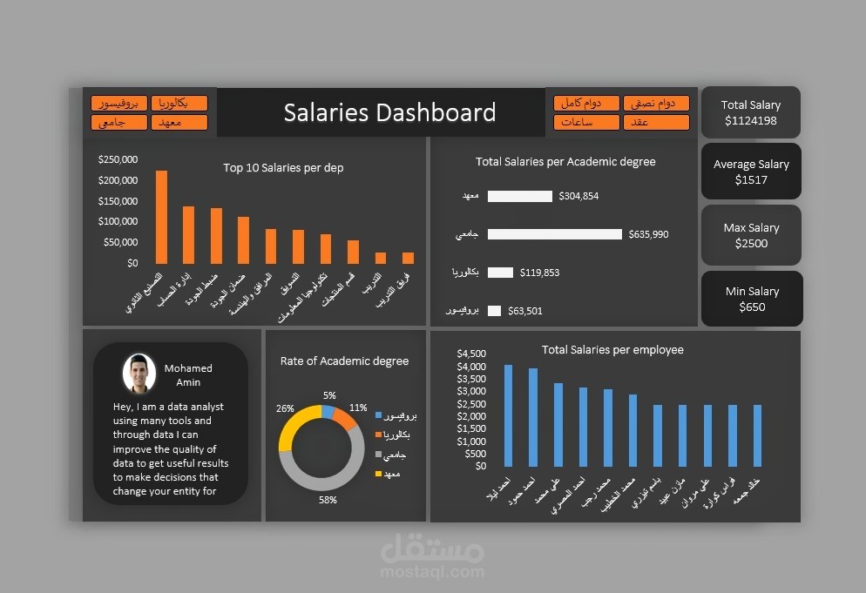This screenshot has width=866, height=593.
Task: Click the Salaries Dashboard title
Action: pyautogui.click(x=389, y=112)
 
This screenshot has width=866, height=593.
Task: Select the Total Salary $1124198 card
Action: pyautogui.click(x=750, y=112)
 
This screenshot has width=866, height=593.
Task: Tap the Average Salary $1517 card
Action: pyautogui.click(x=750, y=172)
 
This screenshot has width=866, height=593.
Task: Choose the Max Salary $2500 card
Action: pyautogui.click(x=750, y=235)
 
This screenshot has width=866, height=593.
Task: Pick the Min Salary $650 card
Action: pyautogui.click(x=750, y=299)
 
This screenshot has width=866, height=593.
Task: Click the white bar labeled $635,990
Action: pyautogui.click(x=554, y=234)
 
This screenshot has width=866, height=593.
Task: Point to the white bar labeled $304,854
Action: pyautogui.click(x=519, y=196)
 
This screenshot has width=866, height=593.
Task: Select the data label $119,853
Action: pyautogui.click(x=539, y=273)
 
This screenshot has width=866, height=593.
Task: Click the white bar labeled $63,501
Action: pyautogui.click(x=494, y=311)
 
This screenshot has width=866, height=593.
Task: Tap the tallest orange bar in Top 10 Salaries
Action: pyautogui.click(x=161, y=216)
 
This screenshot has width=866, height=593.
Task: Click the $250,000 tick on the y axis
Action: pyautogui.click(x=118, y=159)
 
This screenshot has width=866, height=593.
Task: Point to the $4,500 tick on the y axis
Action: pyautogui.click(x=471, y=354)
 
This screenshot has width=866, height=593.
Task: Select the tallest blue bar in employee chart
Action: pyautogui.click(x=508, y=415)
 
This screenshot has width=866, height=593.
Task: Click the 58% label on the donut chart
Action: pyautogui.click(x=328, y=500)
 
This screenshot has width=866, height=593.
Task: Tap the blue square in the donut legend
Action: pyautogui.click(x=378, y=415)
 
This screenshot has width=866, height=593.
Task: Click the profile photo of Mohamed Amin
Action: pyautogui.click(x=139, y=373)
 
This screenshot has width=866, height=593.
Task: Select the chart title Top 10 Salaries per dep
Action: pyautogui.click(x=283, y=167)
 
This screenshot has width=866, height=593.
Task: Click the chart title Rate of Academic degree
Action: pyautogui.click(x=344, y=361)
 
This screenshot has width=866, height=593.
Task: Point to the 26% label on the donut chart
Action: pyautogui.click(x=285, y=408)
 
